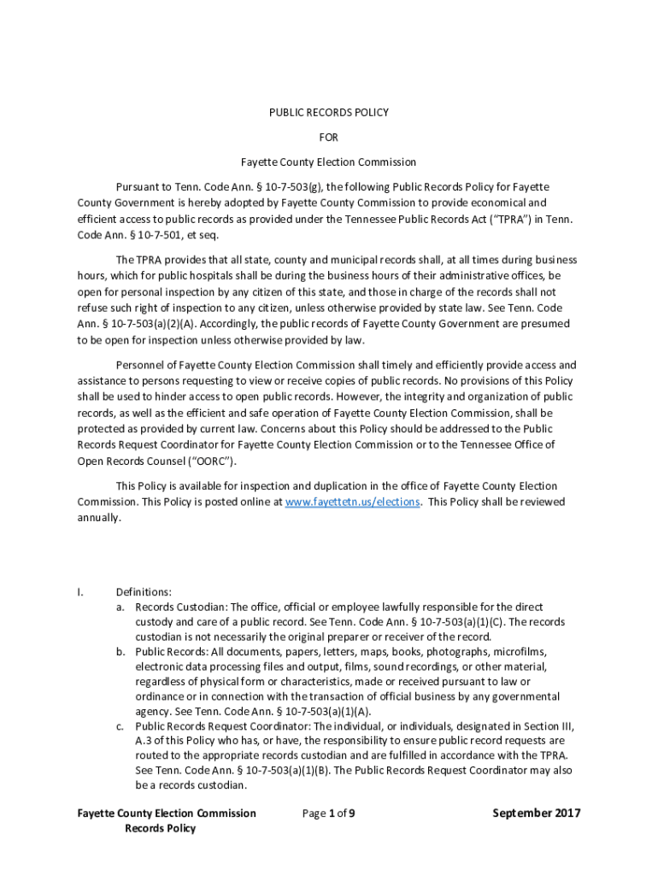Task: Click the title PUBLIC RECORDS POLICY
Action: (329, 112)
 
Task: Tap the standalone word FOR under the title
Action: (329, 137)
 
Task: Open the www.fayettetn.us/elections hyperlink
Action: (352, 502)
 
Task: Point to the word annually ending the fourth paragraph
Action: (99, 518)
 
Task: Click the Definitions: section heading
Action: (144, 591)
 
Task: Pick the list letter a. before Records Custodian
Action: (121, 607)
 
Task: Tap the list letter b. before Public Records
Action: (121, 651)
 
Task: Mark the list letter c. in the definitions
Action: (121, 725)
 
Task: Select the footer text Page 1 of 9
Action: (329, 813)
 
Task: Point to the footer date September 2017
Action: (536, 813)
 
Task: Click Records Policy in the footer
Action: (160, 829)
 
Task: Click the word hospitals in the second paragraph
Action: (186, 276)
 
